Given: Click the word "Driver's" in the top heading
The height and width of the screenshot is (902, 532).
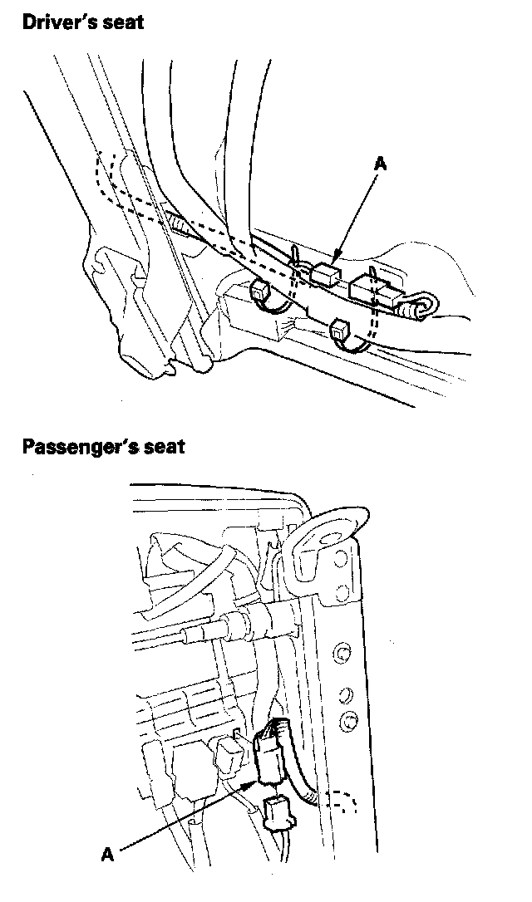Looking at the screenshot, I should [x=57, y=22].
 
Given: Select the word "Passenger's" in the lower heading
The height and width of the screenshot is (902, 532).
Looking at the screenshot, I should [x=76, y=446].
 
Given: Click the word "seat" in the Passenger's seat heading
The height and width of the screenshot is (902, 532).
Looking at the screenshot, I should [x=162, y=446].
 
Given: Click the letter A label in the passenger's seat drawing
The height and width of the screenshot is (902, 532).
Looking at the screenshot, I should [x=106, y=852].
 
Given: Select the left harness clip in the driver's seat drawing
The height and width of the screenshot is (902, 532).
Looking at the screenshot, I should [x=260, y=291].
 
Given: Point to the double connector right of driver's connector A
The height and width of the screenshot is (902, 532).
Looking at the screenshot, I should [x=372, y=290].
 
